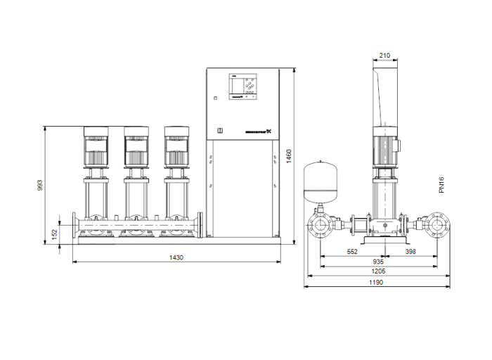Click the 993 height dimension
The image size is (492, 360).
39,185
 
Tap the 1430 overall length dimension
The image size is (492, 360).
176,258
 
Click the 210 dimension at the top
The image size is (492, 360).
384,56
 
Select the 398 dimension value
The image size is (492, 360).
410,251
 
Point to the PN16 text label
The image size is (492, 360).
442,185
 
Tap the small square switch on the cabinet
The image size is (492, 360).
219,130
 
